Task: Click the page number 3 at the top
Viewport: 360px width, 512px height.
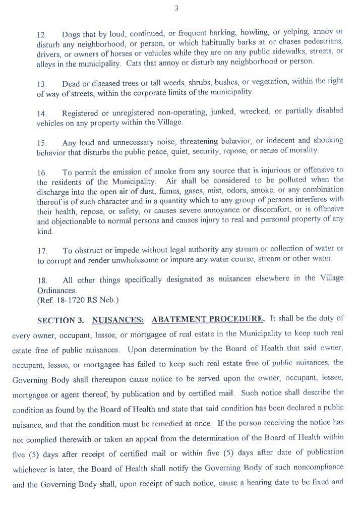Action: pos(176,8)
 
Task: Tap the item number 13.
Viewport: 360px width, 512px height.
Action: pos(41,84)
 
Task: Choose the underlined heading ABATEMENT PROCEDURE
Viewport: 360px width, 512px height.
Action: pos(207,319)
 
